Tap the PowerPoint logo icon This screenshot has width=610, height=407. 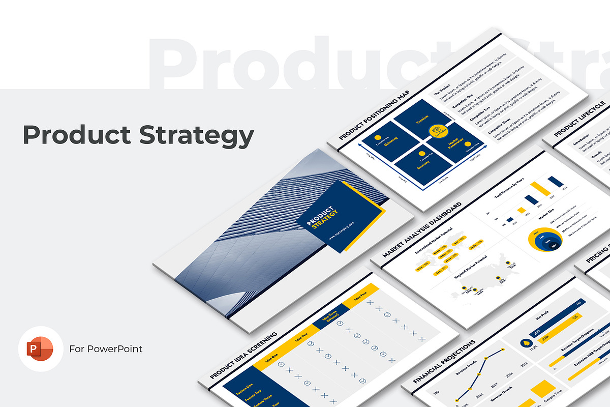41,349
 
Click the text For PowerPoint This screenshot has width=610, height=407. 106,349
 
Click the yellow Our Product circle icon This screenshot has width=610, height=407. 436,132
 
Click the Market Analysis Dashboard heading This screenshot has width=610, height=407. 422,229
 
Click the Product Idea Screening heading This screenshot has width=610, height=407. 243,357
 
